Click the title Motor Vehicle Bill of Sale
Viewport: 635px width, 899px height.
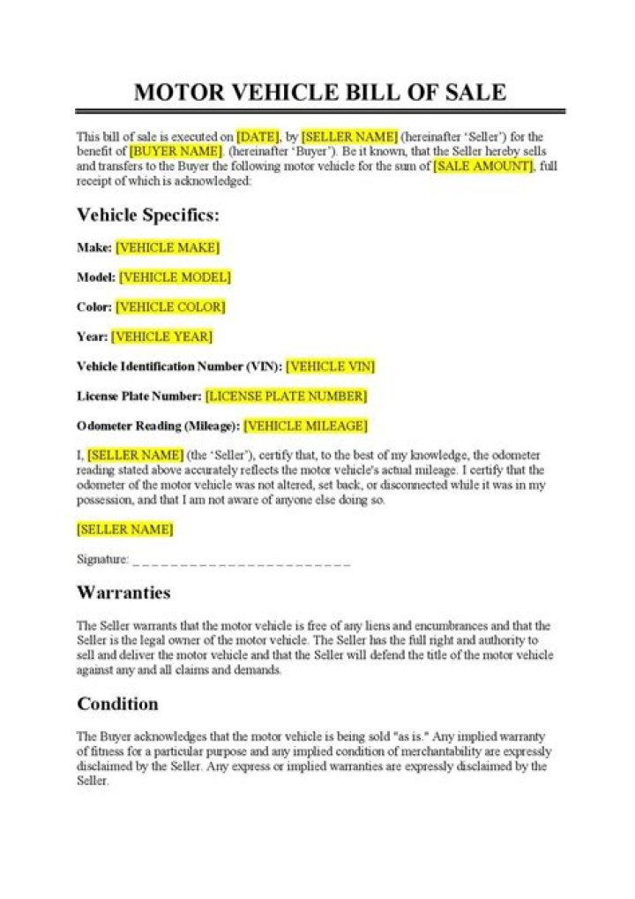coord(319,92)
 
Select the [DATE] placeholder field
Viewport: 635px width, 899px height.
coord(258,137)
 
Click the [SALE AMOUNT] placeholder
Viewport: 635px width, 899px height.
coord(482,166)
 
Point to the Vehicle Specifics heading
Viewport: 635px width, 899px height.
coord(148,215)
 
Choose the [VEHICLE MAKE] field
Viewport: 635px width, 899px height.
coord(168,247)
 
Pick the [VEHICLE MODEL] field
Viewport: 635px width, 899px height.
coord(175,277)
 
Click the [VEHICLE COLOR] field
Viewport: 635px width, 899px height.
coord(170,307)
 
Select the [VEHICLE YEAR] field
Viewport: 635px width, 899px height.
coord(161,336)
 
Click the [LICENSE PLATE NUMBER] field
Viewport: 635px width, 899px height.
coord(286,396)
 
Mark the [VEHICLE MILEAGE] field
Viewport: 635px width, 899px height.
coord(305,426)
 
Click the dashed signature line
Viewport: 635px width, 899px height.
coord(241,561)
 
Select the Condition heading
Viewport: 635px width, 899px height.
coord(117,704)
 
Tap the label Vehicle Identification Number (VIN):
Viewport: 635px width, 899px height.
coord(179,366)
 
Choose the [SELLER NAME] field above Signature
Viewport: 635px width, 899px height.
coord(124,530)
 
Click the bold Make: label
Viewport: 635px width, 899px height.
coord(94,247)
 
